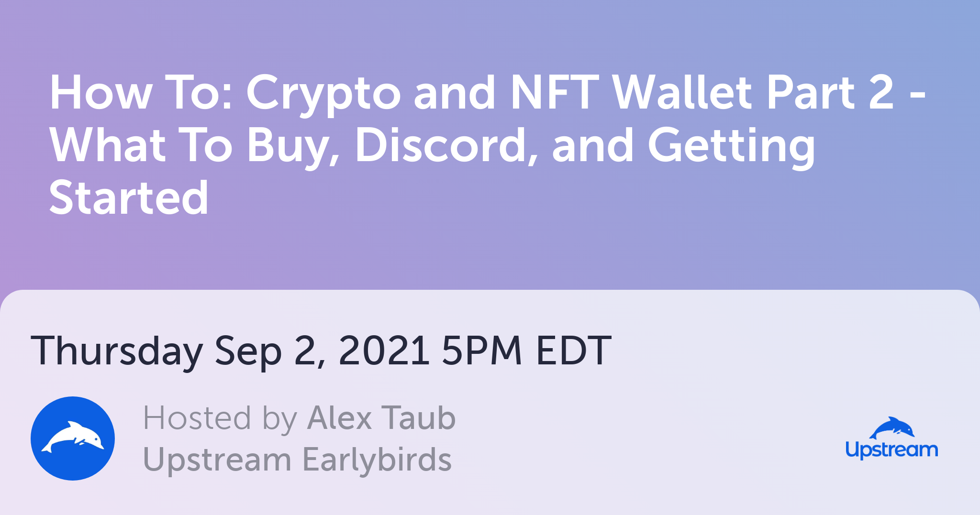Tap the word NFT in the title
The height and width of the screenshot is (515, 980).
(555, 92)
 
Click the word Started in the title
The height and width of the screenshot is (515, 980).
(129, 197)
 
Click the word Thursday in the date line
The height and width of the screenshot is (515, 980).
(117, 352)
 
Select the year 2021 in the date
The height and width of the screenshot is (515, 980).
(383, 350)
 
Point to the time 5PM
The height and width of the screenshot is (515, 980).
(481, 350)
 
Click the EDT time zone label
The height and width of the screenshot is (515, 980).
(573, 350)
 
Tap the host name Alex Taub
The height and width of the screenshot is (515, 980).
(381, 418)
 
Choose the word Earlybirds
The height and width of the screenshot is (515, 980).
(377, 460)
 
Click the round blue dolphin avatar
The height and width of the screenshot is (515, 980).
(73, 438)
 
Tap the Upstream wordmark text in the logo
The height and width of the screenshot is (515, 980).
(891, 450)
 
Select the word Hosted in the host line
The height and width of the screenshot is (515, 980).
(197, 418)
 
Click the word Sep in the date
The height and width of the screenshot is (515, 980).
(248, 352)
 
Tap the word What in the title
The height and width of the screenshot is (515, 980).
(108, 145)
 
